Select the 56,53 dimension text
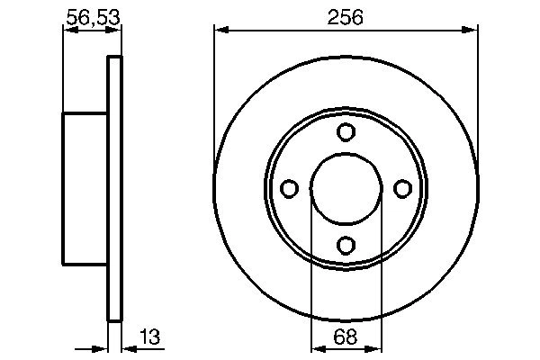click(92, 16)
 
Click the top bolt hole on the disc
click(346, 132)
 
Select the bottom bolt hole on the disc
click(346, 244)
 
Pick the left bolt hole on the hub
click(290, 188)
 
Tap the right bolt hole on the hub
click(402, 188)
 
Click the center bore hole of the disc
click(346, 188)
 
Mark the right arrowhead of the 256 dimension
click(472, 31)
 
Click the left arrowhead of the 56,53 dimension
click(67, 31)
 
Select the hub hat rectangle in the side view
click(85, 188)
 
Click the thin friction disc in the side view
click(114, 188)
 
